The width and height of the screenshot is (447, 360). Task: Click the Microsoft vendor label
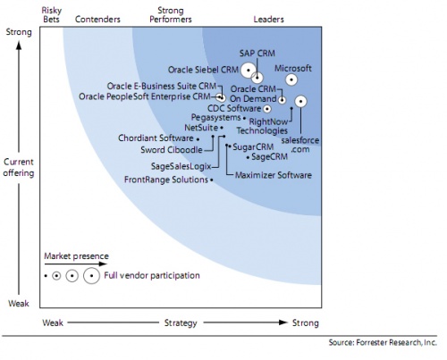[292, 66]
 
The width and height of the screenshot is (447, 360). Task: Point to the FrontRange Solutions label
[165, 180]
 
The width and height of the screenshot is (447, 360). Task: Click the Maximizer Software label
[274, 175]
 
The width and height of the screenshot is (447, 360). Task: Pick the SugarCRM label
[252, 146]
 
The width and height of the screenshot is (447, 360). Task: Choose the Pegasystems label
[215, 117]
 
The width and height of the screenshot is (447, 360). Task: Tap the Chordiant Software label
[156, 138]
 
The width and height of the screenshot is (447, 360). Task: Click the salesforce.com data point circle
[301, 102]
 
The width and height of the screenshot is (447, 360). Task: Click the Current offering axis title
[19, 167]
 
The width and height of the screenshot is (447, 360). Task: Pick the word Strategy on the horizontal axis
[174, 322]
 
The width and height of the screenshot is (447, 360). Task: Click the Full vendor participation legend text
[152, 275]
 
